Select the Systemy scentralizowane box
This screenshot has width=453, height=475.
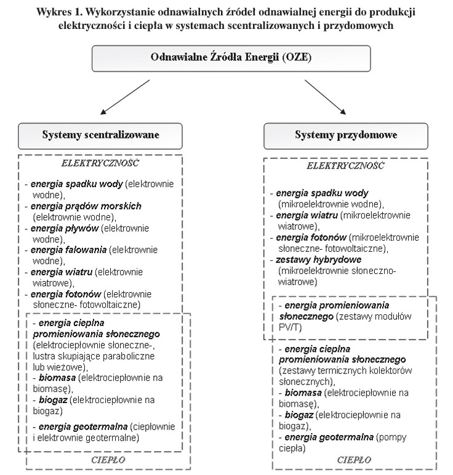[101, 135]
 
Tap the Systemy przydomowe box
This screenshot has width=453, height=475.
[345, 135]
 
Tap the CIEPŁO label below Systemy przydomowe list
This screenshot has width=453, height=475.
[353, 459]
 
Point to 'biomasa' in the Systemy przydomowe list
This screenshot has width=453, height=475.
[303, 393]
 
